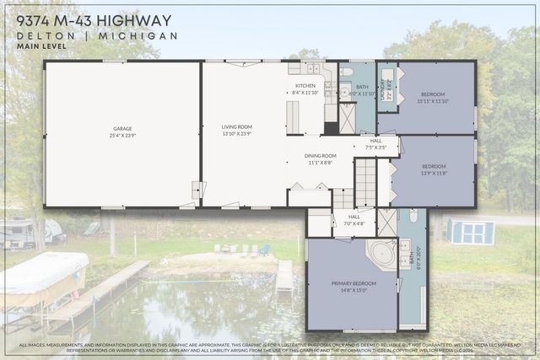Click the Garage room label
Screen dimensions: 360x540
click(122, 131)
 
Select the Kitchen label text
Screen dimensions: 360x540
click(305, 89)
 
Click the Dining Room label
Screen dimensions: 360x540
click(320, 159)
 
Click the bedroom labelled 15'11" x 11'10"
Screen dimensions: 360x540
click(433, 98)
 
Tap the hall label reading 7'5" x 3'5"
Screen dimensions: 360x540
click(375, 143)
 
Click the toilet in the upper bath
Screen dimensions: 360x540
click(346, 73)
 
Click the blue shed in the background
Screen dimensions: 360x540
click(471, 230)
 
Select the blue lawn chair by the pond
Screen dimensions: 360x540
click(264, 250)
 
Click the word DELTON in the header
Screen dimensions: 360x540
click(49, 36)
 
